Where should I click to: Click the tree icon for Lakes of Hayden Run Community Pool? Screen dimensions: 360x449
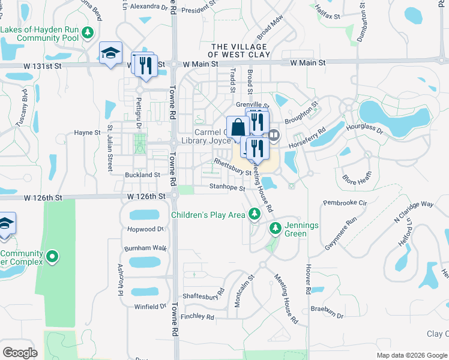pos(88,31)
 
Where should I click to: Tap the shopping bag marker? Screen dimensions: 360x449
pos(238,127)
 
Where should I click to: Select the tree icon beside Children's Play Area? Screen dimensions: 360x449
pos(255,214)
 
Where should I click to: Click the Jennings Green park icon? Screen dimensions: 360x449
pos(275,228)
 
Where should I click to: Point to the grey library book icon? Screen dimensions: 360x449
pos(274,135)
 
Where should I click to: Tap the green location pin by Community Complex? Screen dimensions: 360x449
pos(52,257)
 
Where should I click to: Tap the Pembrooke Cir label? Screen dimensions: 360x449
pos(345,203)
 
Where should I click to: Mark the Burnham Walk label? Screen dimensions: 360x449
pos(145,247)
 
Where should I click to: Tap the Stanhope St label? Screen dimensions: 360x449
pos(228,188)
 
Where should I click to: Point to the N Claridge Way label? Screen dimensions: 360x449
pos(414,212)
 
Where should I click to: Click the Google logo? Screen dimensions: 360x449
pos(20,352)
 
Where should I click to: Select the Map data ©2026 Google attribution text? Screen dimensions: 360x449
pos(411,355)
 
